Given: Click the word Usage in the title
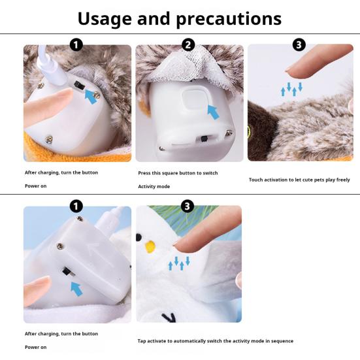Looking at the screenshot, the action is point(105,20).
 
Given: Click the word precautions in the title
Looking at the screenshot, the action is point(229,20).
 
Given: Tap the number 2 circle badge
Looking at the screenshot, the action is point(188,45).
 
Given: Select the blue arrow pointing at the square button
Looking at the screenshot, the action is point(213,112).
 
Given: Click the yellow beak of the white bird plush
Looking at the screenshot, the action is point(150,246).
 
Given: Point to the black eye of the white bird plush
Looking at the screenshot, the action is point(139,238).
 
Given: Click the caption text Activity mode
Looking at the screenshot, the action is point(154,186).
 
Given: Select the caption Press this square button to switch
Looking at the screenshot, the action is point(178,173).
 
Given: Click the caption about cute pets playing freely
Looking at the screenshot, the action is point(299,180).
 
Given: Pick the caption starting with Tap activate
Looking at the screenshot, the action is point(216,341).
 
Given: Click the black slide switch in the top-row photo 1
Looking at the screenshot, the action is point(80,85).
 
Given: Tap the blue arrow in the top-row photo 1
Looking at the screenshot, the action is point(91,97).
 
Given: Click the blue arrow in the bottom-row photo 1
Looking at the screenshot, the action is point(76,289).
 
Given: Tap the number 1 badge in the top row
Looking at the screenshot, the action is point(76,45).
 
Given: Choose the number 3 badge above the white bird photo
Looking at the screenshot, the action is point(188,206).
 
